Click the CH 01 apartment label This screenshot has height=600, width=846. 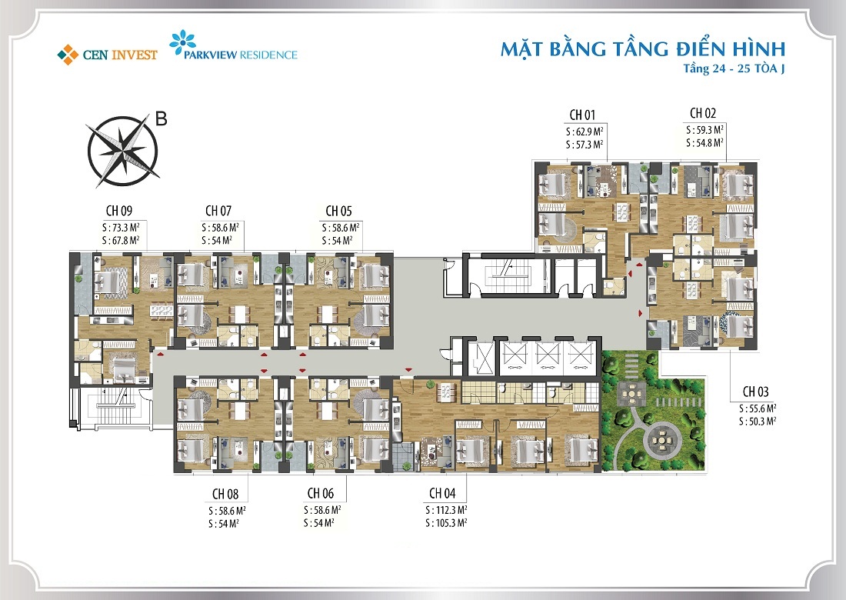point(584,115)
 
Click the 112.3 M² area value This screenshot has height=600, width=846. point(450,510)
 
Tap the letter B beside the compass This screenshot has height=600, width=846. point(162,118)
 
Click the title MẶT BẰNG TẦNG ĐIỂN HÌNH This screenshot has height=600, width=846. point(642,49)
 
